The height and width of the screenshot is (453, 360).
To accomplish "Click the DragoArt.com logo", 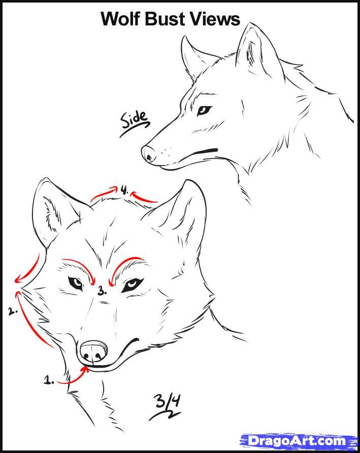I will point(299,440).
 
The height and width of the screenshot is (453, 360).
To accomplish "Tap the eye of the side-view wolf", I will point(204,110).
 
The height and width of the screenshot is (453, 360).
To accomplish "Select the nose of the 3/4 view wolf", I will point(93,350).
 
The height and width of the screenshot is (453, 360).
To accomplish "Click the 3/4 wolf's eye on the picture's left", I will point(76,283).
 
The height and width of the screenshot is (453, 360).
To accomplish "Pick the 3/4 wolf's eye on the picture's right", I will point(132,284).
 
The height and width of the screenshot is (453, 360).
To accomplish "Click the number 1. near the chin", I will point(49,380).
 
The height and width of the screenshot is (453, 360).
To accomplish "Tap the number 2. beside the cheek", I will point(13,311).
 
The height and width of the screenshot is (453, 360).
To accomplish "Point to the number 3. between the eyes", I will point(102,291).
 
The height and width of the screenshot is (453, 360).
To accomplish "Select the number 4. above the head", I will point(124,190).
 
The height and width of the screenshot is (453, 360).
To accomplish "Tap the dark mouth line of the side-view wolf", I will point(206,151).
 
